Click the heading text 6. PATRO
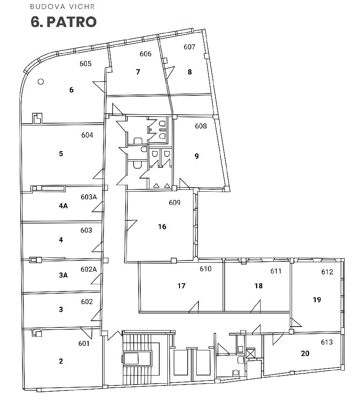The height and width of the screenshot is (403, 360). [x=63, y=22]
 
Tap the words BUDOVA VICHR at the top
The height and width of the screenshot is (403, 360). [x=63, y=7]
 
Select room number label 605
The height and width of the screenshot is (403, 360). [x=85, y=63]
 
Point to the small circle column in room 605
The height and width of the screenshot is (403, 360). [x=40, y=81]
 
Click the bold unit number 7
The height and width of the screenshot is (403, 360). [x=138, y=72]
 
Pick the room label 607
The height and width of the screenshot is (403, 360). [x=189, y=47]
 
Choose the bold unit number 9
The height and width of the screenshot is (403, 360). [x=197, y=156]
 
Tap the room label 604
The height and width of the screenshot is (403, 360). [x=87, y=135]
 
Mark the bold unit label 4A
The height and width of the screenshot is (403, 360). [x=63, y=206]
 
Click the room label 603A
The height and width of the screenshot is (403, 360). [x=89, y=197]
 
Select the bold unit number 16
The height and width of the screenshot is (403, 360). [x=162, y=226]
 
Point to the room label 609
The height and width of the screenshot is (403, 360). [x=175, y=202]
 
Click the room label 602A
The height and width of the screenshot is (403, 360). [x=89, y=269]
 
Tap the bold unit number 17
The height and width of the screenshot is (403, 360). [x=181, y=286]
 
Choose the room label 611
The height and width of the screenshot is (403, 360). [x=276, y=271]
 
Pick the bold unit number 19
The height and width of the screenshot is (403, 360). [x=317, y=300]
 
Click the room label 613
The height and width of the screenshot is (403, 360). [x=327, y=342]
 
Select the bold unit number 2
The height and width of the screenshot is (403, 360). [x=61, y=361]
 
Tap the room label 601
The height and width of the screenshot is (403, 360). [x=84, y=343]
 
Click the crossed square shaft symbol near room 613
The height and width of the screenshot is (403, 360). [x=251, y=353]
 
